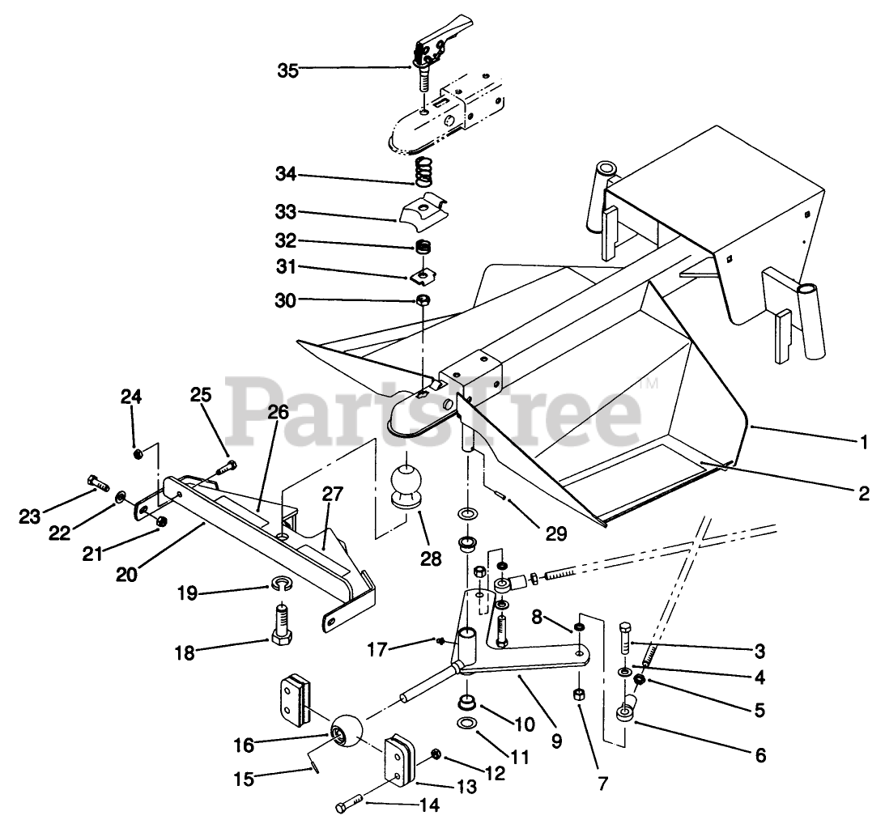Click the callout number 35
click(287, 70)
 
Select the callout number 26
click(278, 412)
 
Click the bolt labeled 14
click(351, 807)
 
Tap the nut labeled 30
click(423, 301)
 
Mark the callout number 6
click(759, 756)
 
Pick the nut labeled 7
click(581, 695)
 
